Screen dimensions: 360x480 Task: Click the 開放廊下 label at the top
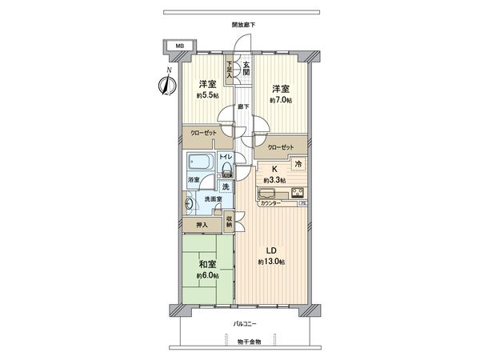coord(244,25)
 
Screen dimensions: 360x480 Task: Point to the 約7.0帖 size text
coord(280,100)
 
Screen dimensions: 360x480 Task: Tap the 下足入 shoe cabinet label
coord(230,70)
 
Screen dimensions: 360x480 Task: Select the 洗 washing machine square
coord(225,186)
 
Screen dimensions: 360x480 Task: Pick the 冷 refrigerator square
coord(298,165)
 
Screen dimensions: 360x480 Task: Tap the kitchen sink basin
coord(266,192)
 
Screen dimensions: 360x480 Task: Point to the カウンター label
coord(272,204)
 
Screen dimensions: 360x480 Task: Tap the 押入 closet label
coord(202,225)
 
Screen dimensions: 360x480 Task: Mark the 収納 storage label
coord(230,222)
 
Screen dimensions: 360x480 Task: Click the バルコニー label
coord(244,324)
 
